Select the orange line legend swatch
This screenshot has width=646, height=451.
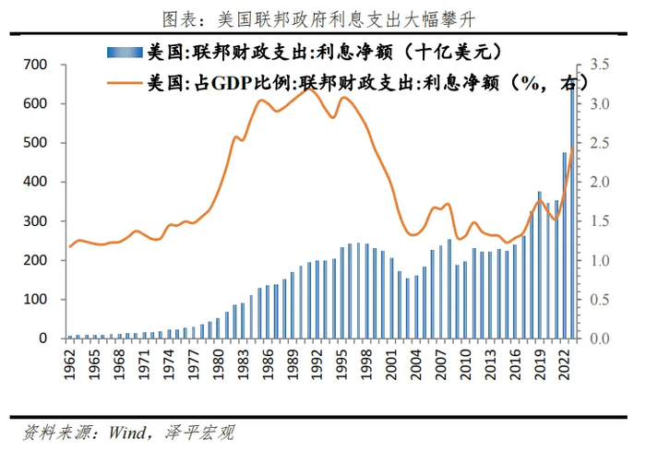coord(125,83)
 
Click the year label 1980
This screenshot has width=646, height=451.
coord(218,362)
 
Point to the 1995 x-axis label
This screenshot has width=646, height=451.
coord(341,362)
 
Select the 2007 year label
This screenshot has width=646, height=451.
coord(440,362)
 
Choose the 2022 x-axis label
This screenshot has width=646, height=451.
coord(564,362)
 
